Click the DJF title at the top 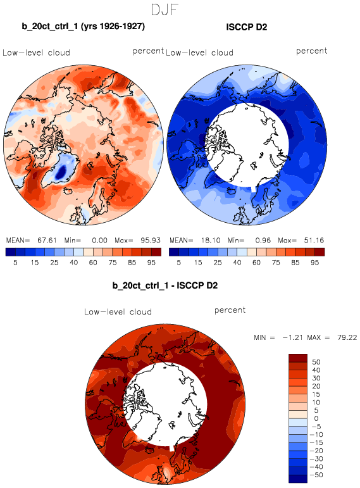(x=164, y=9)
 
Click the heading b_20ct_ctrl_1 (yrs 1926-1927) (x=83, y=26)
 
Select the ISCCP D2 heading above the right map (x=246, y=27)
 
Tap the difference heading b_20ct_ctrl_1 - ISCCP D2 (x=165, y=285)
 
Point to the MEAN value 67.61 (x=47, y=241)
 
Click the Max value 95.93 (x=151, y=241)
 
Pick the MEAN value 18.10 (x=211, y=241)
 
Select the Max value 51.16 (x=314, y=241)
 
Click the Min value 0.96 (x=263, y=241)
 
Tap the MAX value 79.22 (x=347, y=337)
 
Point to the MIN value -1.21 (x=292, y=337)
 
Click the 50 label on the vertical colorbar (x=316, y=362)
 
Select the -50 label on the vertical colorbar (x=316, y=475)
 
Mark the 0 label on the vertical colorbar (x=316, y=418)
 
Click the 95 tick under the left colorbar (x=151, y=263)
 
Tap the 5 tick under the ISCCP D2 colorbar (x=178, y=263)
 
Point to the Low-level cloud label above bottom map (x=118, y=312)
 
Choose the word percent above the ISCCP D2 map (x=311, y=51)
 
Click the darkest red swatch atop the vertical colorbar (x=298, y=358)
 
